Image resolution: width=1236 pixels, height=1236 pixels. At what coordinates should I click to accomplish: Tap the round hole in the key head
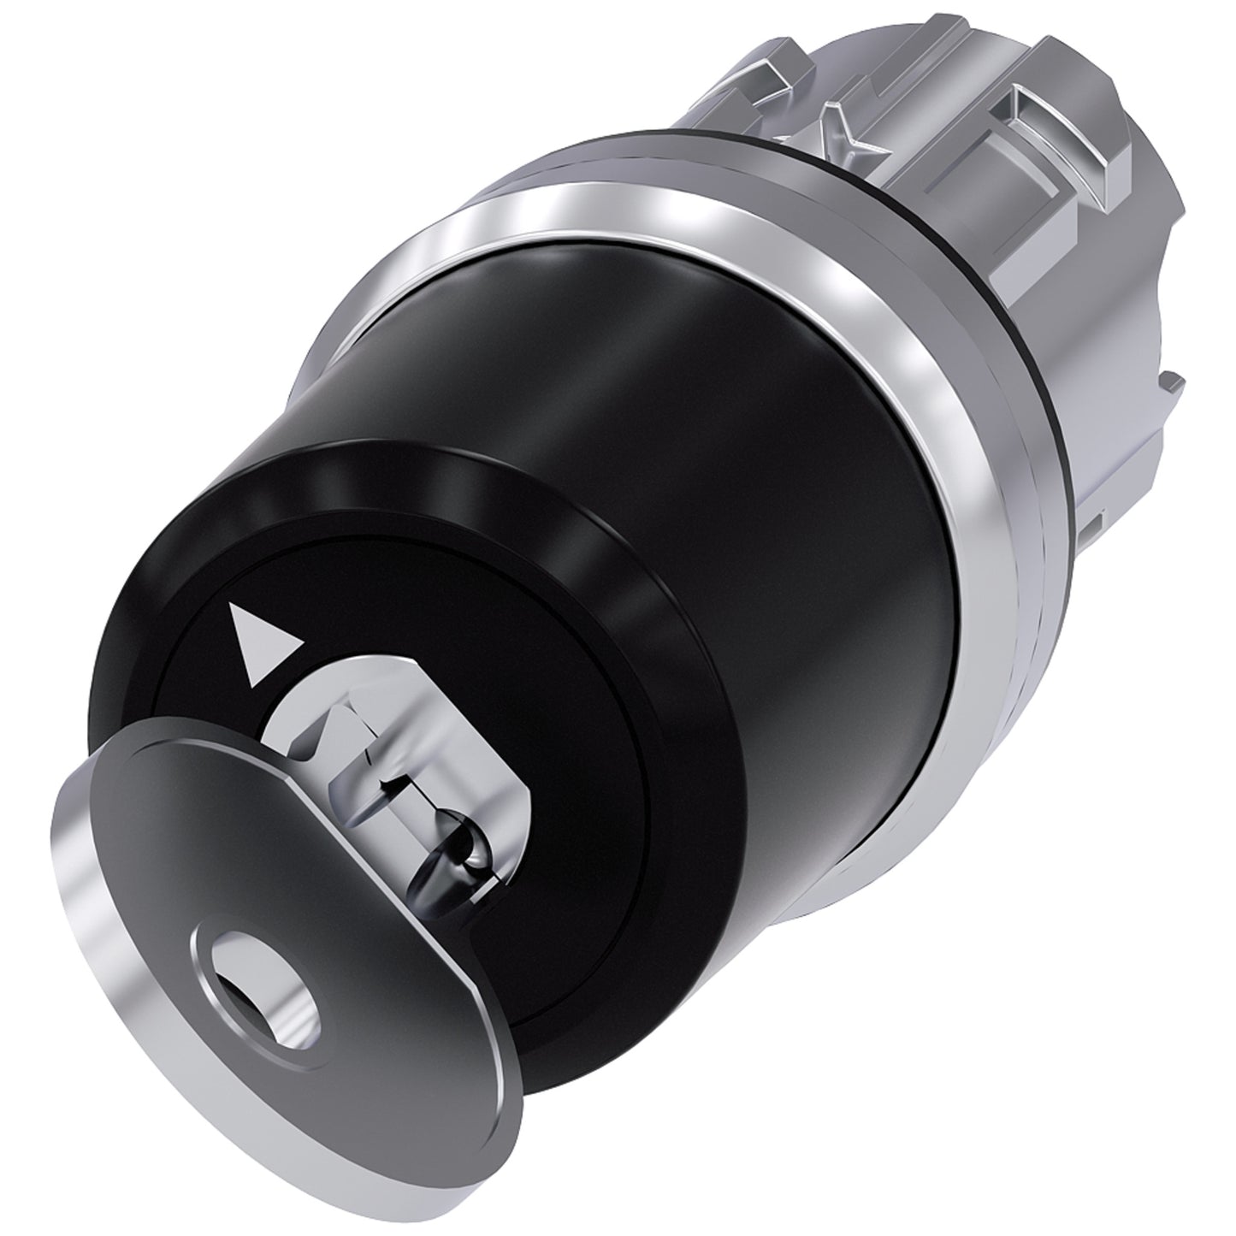click(x=254, y=961)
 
